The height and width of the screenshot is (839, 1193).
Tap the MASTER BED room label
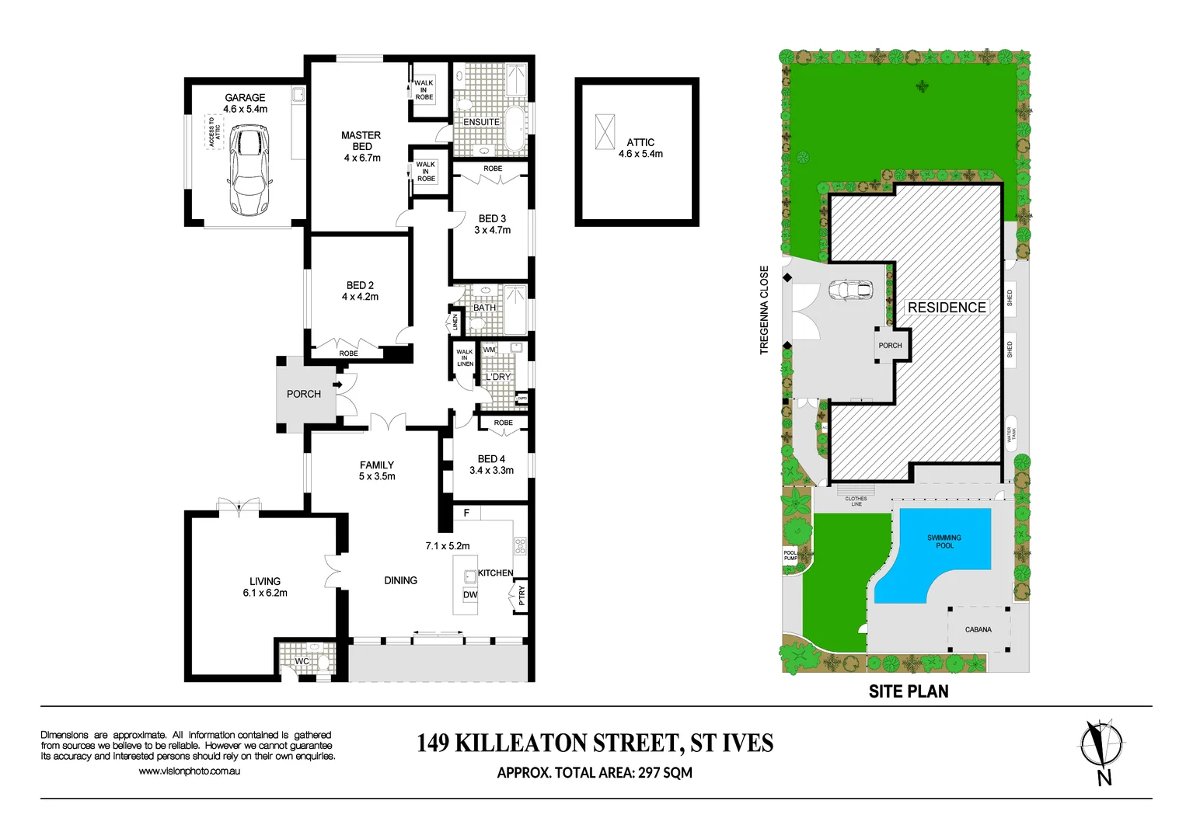[361, 141]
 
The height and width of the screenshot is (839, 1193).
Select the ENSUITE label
[481, 122]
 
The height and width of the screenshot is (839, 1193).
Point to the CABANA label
[978, 629]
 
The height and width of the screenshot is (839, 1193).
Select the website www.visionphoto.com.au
[189, 771]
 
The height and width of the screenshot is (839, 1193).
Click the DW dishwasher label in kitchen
[470, 595]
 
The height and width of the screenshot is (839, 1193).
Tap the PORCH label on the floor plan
[303, 394]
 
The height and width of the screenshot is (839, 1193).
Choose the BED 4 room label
[491, 459]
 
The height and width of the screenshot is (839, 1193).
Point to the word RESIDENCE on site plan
[946, 308]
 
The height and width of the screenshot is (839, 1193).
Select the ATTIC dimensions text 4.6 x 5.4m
[640, 154]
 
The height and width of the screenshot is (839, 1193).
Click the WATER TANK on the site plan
[1011, 435]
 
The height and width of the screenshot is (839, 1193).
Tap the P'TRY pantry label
[522, 595]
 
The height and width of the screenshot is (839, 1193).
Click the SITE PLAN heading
[908, 691]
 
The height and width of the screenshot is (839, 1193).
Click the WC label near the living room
[302, 661]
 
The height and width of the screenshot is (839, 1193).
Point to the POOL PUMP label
[790, 555]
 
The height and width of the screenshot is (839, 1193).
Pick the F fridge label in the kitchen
[466, 513]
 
